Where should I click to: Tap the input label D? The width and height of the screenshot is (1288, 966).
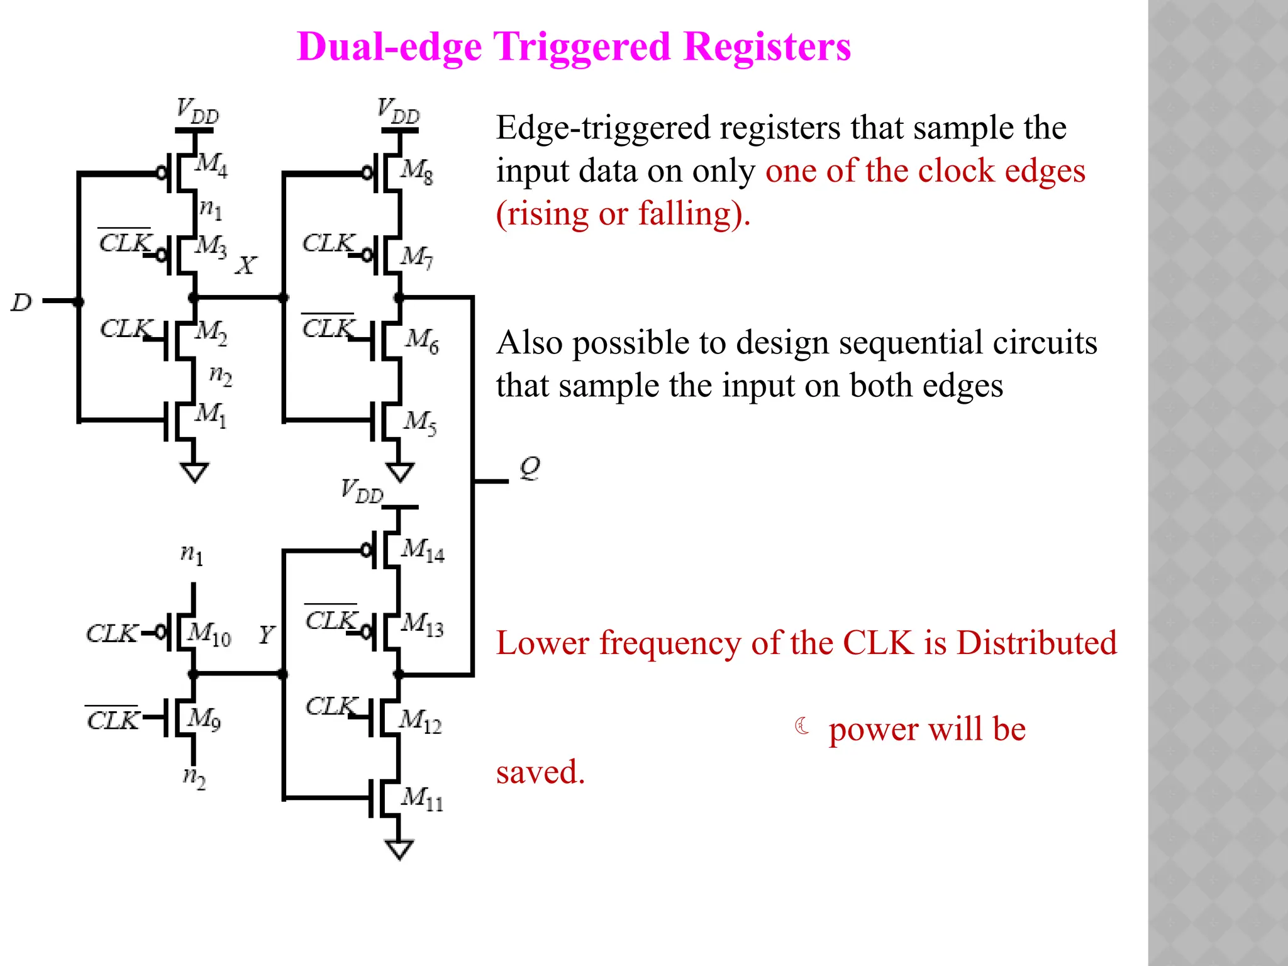pos(21,303)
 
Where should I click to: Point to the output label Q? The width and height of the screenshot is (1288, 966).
pos(530,468)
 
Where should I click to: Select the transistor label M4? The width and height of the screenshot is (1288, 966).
pos(211,165)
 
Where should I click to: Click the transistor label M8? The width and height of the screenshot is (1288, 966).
pos(417,170)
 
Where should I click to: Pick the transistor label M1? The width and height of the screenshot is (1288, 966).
pos(211,414)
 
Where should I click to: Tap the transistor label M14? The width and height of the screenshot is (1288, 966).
pos(422,550)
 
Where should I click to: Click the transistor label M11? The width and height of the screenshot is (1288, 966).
pos(422,798)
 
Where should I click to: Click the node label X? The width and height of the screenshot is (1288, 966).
pos(246,265)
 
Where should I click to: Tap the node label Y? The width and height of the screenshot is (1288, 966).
pos(267,634)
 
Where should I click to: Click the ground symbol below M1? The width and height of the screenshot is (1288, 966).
pos(194,472)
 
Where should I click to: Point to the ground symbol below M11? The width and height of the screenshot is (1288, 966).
pos(399,849)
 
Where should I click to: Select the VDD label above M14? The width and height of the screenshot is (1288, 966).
pos(362,491)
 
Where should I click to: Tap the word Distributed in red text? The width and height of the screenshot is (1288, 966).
pos(1036,643)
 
